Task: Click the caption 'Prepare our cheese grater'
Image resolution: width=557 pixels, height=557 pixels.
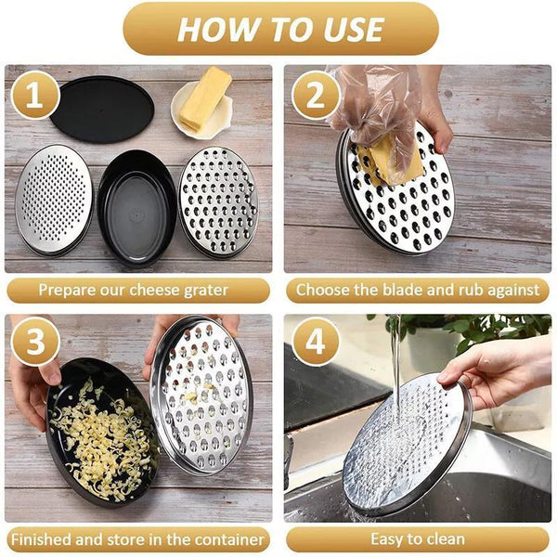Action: pyautogui.click(x=138, y=291)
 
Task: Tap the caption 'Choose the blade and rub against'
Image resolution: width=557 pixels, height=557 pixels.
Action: pyautogui.click(x=417, y=291)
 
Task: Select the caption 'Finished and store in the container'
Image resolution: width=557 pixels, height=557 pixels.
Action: pyautogui.click(x=138, y=539)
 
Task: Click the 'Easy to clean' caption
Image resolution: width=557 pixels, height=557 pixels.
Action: pyautogui.click(x=417, y=539)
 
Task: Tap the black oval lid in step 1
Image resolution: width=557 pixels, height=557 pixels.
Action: pyautogui.click(x=102, y=109)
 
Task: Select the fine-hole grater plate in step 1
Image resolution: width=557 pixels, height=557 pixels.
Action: pyautogui.click(x=54, y=199)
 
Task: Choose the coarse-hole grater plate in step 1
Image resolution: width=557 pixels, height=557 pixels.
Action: pyautogui.click(x=217, y=201)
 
